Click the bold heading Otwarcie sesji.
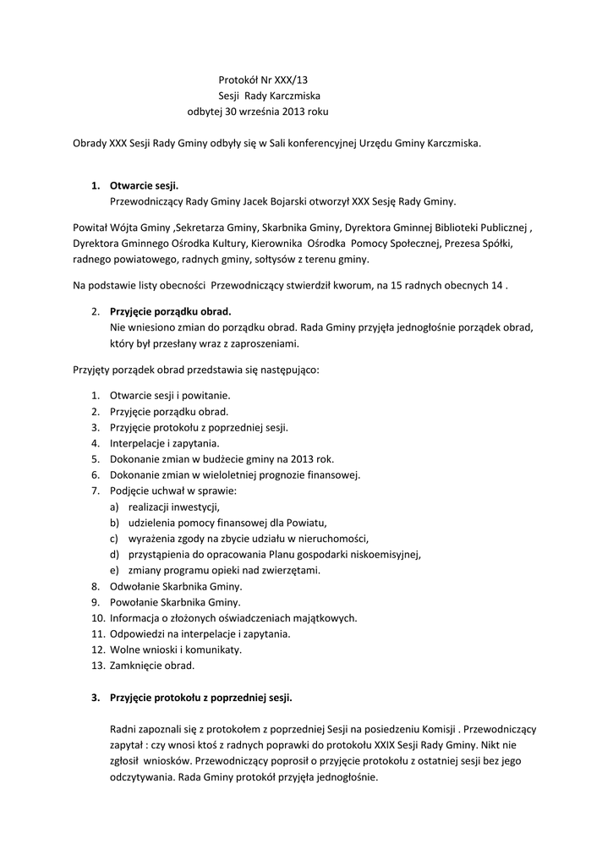(145, 185)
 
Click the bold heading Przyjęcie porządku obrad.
(170, 311)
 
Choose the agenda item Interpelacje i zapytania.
(165, 442)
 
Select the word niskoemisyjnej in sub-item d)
(385, 555)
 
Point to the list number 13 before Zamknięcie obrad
(97, 666)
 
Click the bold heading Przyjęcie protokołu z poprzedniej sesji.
(201, 698)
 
